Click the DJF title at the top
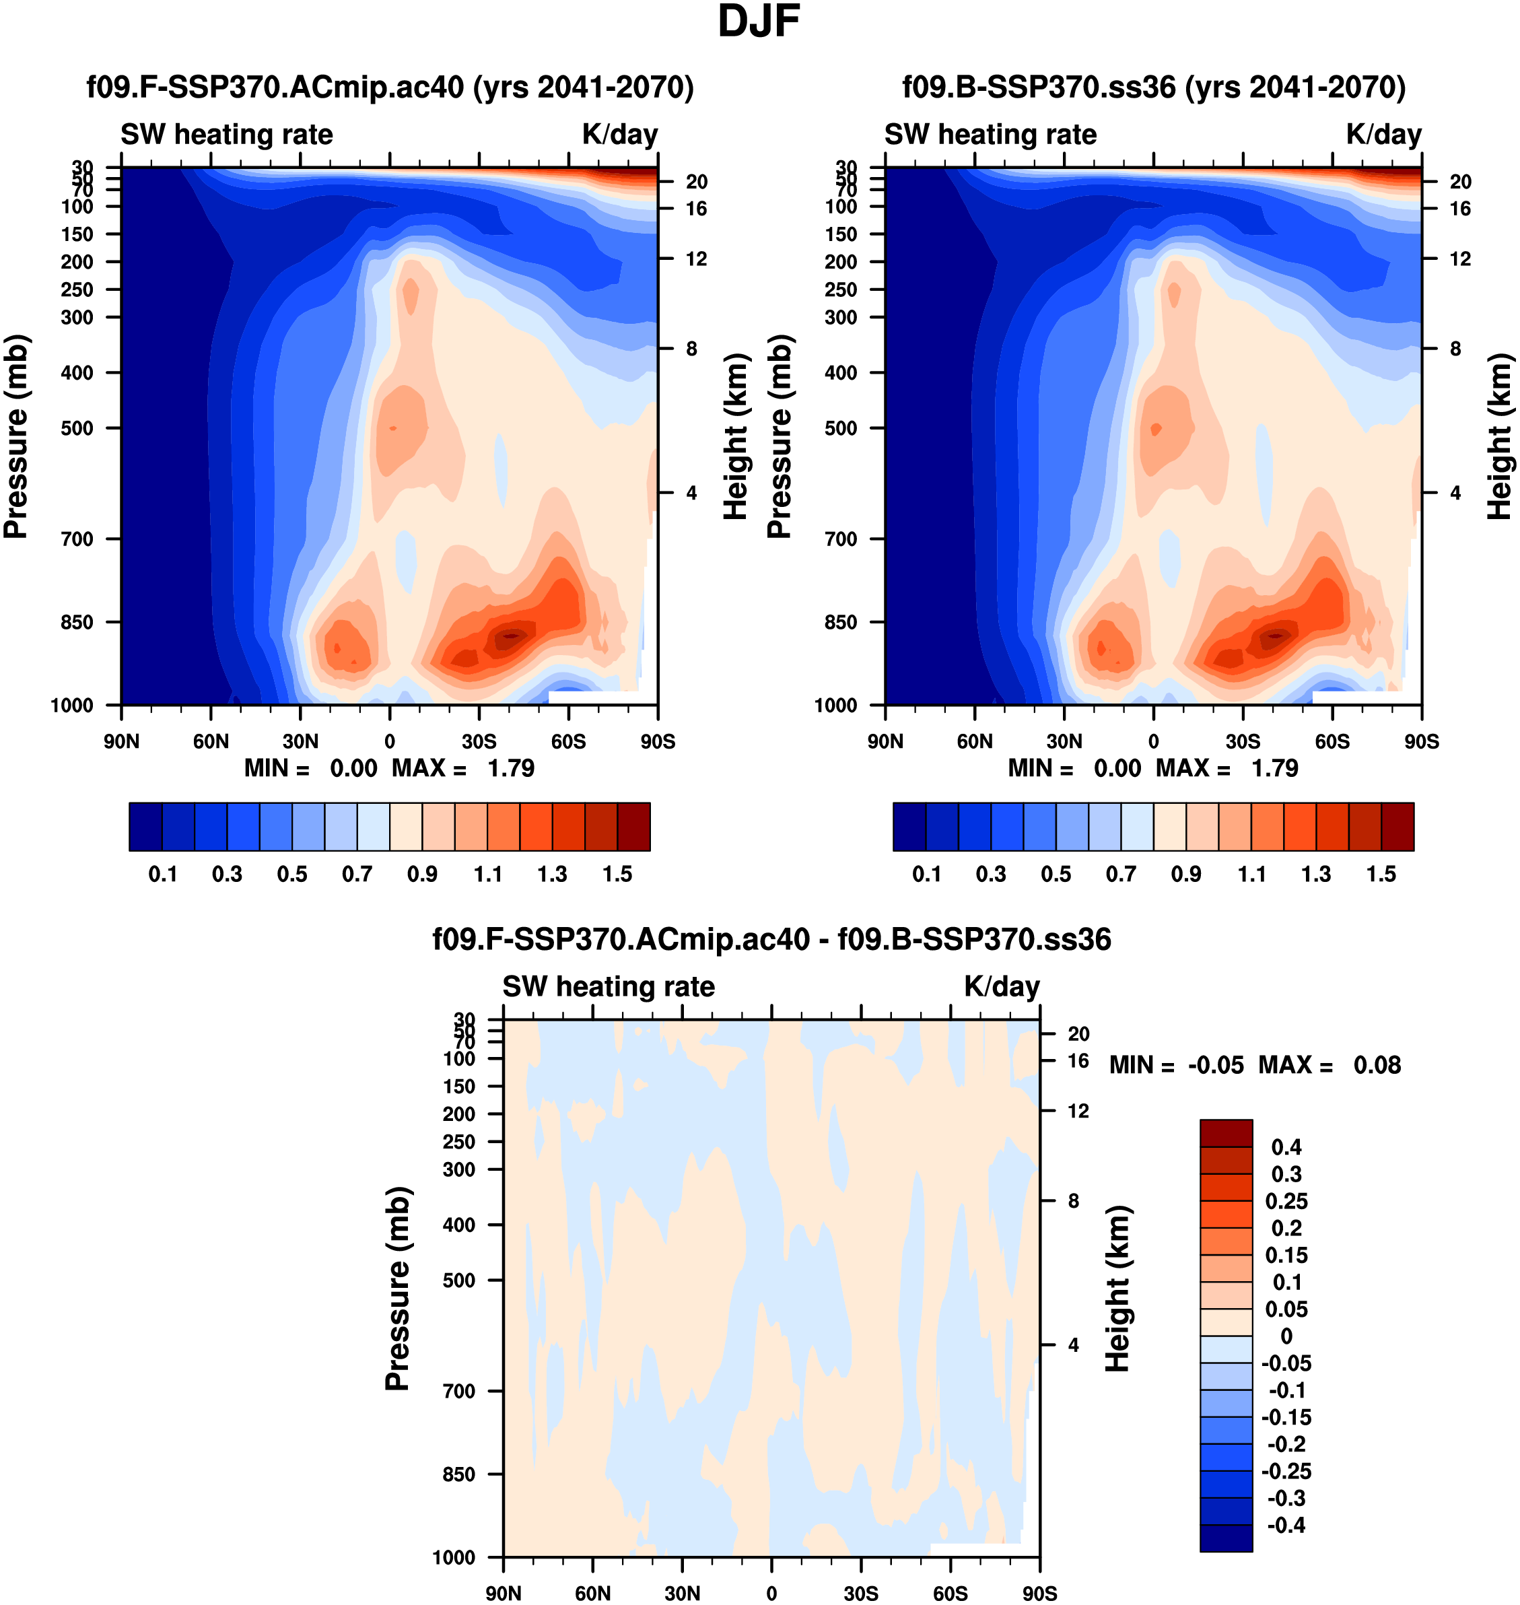(759, 22)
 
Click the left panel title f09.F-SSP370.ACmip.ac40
(390, 87)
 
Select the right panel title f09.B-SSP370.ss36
(1154, 87)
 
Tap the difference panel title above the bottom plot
(771, 939)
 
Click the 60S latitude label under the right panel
(1332, 741)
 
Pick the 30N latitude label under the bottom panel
(682, 1593)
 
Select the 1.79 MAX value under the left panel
(510, 768)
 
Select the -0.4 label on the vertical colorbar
(1286, 1525)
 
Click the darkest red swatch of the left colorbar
(633, 827)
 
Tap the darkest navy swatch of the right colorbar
(909, 827)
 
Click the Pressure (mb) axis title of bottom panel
(398, 1288)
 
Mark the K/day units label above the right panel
(1384, 135)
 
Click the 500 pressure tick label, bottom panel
(458, 1280)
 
